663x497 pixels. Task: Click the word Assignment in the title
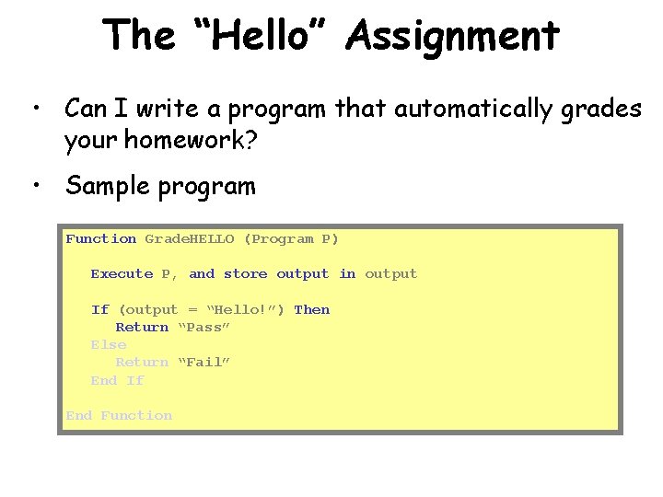(452, 36)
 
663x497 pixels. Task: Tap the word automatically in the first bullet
(476, 109)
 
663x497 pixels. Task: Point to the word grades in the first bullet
(608, 109)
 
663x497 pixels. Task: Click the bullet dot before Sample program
(35, 187)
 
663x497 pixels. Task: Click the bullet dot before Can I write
(35, 110)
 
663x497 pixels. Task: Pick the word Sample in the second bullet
(101, 187)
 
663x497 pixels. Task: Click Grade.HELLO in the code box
(190, 238)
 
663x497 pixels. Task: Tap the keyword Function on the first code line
(101, 238)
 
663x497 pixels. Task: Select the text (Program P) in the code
(291, 238)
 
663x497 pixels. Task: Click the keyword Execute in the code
(122, 273)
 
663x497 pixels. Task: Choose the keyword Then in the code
(311, 309)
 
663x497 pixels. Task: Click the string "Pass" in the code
(204, 327)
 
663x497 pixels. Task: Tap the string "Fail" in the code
(204, 362)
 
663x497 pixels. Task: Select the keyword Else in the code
(108, 344)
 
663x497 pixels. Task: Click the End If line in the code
(117, 380)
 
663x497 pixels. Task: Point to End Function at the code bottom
(119, 415)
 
